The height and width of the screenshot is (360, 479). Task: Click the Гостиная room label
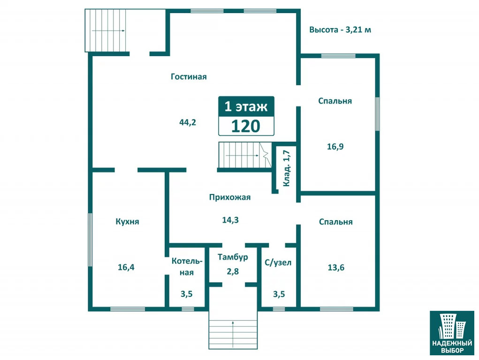(x=189, y=76)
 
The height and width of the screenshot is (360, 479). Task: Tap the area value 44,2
(x=188, y=122)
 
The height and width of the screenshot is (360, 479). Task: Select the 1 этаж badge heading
(x=246, y=106)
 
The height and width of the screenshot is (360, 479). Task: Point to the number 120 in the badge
(x=246, y=126)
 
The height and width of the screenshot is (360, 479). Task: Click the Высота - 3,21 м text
(x=340, y=30)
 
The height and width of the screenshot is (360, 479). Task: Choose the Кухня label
(x=127, y=221)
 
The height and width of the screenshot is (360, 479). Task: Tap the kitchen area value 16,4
(x=126, y=267)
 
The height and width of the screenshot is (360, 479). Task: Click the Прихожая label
(x=230, y=197)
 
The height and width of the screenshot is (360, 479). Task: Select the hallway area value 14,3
(x=230, y=220)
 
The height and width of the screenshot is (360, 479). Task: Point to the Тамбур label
(x=233, y=257)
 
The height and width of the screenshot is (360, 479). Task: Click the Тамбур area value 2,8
(x=233, y=271)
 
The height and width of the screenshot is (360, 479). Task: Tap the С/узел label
(x=278, y=262)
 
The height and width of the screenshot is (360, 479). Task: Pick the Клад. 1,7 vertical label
(x=287, y=168)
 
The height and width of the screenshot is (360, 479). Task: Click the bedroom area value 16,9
(x=335, y=147)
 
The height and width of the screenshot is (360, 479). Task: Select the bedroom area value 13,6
(x=336, y=268)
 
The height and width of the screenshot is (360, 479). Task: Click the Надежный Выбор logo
(x=452, y=333)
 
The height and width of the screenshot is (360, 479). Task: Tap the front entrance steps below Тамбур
(x=233, y=334)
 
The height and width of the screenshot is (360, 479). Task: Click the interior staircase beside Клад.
(x=245, y=155)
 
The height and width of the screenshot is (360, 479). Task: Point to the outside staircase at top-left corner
(x=106, y=30)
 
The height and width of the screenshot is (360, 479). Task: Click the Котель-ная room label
(x=187, y=267)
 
